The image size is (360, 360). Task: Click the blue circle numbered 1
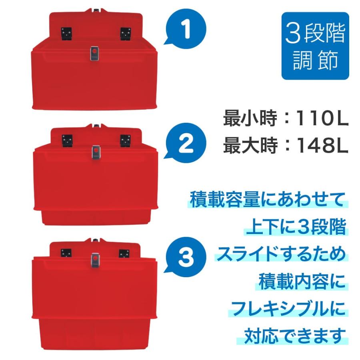[186, 29]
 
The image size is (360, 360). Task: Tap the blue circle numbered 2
[186, 143]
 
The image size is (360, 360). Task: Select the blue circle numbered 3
[186, 257]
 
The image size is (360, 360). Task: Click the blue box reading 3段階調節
[315, 46]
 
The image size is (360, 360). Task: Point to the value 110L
[322, 118]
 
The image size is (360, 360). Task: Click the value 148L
[322, 145]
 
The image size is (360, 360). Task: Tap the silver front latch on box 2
[96, 152]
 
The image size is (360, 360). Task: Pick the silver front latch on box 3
[95, 260]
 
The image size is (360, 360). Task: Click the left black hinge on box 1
[66, 34]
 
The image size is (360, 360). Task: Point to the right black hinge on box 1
[126, 34]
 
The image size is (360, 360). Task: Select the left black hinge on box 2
[67, 141]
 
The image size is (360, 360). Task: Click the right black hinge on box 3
[124, 254]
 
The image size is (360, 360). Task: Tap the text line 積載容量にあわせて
[268, 200]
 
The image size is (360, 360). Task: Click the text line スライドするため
[281, 254]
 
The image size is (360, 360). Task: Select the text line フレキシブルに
[288, 308]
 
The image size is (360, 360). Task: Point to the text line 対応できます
[295, 336]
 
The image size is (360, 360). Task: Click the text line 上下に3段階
[296, 227]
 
